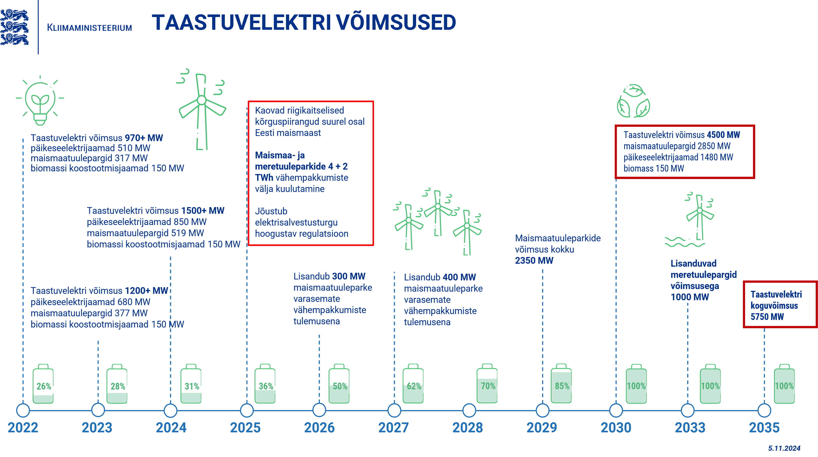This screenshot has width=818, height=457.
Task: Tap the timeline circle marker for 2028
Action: [469, 410]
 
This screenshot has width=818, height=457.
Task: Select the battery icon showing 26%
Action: [43, 384]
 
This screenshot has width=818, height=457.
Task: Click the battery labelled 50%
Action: [339, 384]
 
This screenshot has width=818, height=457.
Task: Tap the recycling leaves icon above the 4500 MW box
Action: [633, 101]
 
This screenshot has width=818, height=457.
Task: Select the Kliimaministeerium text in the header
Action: [89, 28]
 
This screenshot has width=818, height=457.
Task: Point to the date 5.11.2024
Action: [784, 448]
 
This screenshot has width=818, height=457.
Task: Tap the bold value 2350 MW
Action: [534, 261]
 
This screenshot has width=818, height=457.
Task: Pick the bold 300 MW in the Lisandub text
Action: [348, 276]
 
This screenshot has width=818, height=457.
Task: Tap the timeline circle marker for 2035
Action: [764, 410]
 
